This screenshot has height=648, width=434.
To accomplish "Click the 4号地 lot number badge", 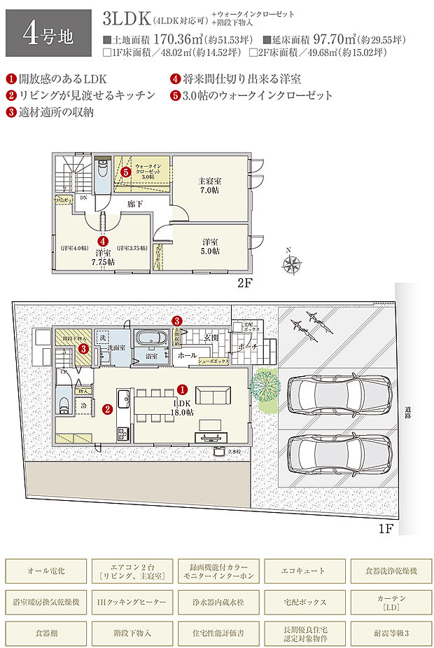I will tap(48, 33).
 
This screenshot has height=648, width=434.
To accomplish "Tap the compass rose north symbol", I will tap(291, 263).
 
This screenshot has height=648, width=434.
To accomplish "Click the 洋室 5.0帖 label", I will tap(209, 244).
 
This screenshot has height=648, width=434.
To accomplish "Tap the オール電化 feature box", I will tap(46, 571).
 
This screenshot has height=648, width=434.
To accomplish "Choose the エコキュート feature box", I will tap(304, 571).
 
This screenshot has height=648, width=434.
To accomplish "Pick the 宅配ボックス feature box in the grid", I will tap(304, 602).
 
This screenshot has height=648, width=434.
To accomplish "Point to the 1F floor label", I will tap(385, 528).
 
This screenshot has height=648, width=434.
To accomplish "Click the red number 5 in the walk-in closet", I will tap(125, 171).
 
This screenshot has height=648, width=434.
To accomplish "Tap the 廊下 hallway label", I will tap(136, 205).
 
